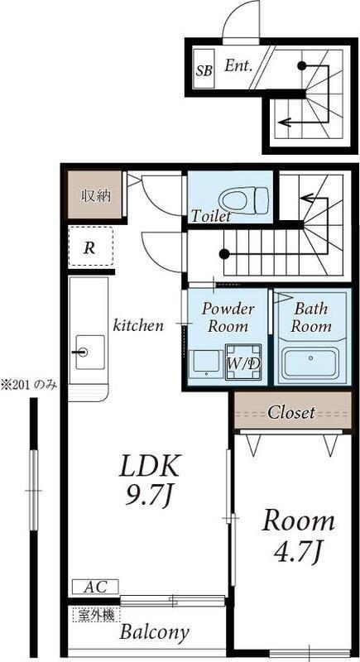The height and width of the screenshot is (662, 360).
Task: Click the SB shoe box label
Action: coord(204,69)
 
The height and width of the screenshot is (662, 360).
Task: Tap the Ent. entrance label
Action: coord(238,65)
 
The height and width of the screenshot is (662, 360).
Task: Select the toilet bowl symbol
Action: coord(244,199)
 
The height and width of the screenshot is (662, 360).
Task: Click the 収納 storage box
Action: coord(95,195)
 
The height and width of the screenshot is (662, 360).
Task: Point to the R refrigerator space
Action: coord(91,247)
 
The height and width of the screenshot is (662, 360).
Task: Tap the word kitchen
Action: coord(138,325)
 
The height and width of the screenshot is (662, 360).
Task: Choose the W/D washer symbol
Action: coord(243,362)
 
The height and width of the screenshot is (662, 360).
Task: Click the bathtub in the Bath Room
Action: coord(311,362)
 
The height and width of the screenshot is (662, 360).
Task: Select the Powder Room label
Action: coord(228,317)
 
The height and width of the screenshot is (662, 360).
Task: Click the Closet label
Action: coord(291,412)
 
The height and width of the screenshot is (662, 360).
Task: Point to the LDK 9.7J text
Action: coord(151,481)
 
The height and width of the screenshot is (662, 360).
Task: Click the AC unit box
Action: coord(95,587)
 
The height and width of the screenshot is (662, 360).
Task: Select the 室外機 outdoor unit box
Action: coord(97,615)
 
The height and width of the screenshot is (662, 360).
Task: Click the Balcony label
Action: coord(154,632)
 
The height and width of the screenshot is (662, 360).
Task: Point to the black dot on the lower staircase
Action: coord(224,254)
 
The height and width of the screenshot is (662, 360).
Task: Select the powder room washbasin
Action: coord(206,363)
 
